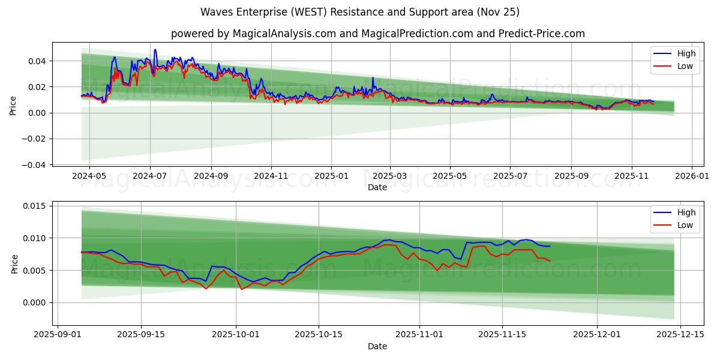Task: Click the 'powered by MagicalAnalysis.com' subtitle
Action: click(x=377, y=34)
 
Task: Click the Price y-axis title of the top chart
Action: click(x=13, y=106)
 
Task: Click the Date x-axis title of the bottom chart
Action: click(x=377, y=346)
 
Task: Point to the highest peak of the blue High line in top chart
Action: click(x=155, y=50)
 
